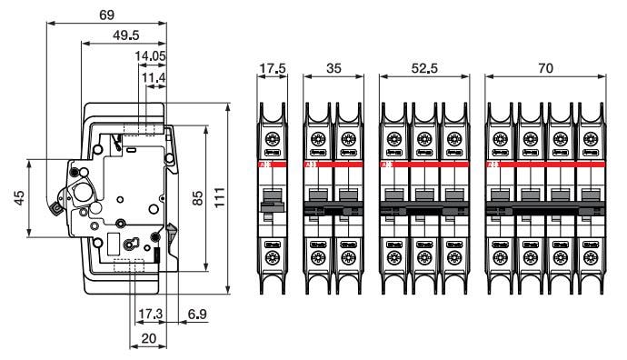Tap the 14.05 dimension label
coord(149,56)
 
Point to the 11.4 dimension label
coord(153,79)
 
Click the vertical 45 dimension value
coord(19,198)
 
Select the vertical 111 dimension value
coord(219,198)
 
